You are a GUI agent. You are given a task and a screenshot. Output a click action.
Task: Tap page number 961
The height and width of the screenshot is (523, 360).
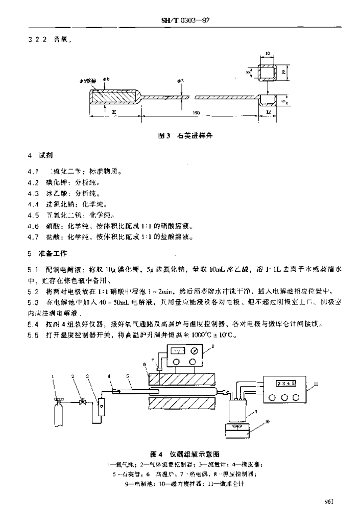coord(328,502)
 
